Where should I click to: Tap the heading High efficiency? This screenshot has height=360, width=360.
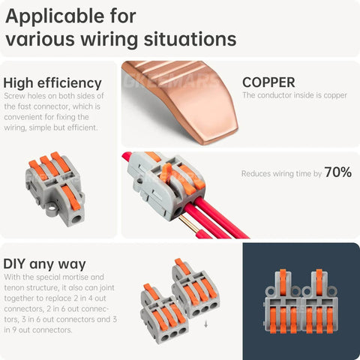click(x=52, y=82)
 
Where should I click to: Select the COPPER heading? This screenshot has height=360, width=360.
click(x=268, y=82)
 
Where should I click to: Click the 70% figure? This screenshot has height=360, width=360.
click(x=337, y=172)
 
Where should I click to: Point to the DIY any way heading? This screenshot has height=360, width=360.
click(x=44, y=264)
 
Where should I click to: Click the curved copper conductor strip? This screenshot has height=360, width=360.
click(x=184, y=97)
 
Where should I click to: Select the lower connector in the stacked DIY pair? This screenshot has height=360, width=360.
click(x=160, y=319)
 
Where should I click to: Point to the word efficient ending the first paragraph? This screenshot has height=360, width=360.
click(x=84, y=127)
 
